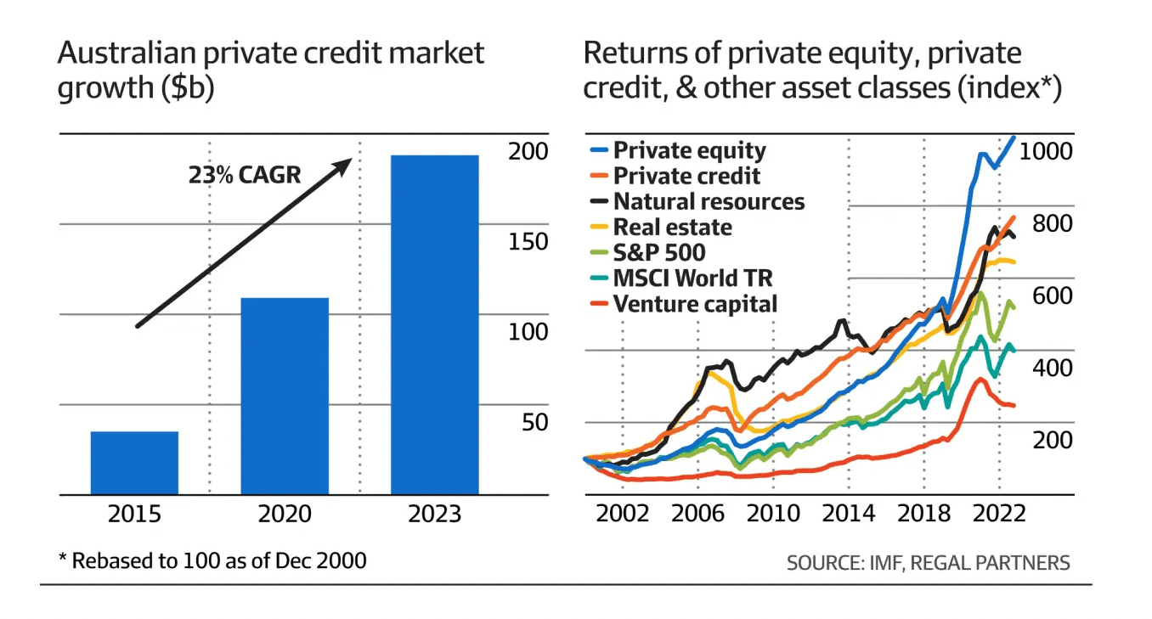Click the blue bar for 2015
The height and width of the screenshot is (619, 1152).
[135, 463]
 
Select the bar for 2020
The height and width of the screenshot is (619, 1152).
[285, 396]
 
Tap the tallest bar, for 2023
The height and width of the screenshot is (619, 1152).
[435, 325]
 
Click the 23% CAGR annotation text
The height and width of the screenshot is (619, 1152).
[245, 175]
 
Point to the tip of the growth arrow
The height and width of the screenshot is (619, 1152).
[352, 159]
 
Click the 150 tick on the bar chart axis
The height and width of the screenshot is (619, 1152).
[528, 242]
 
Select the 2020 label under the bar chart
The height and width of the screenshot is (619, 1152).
[285, 514]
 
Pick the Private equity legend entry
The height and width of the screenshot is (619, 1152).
[678, 150]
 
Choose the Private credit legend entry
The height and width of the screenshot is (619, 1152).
[675, 176]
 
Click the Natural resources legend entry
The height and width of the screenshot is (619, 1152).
[697, 201]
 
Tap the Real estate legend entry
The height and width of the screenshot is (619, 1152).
[661, 227]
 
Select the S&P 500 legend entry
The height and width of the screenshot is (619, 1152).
[648, 252]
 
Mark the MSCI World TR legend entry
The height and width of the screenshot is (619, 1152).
[681, 279]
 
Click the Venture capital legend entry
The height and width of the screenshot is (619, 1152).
[684, 304]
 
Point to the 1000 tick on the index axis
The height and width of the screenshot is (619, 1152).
[1046, 151]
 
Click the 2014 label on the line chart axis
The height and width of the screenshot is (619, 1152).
[849, 514]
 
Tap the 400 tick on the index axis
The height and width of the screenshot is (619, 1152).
[1053, 369]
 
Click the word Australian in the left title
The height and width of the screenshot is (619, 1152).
[127, 53]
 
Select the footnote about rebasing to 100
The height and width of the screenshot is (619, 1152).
[213, 561]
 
